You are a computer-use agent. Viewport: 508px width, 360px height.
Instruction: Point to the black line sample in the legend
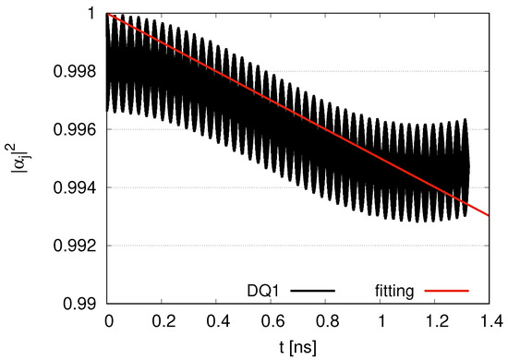point(313,290)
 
